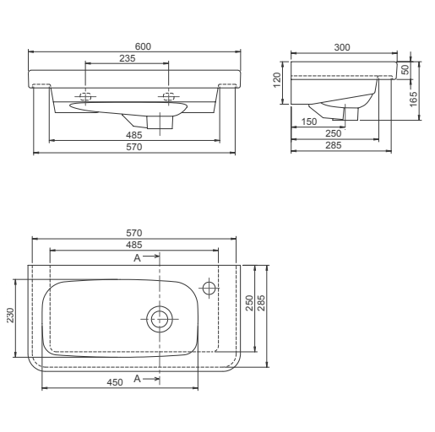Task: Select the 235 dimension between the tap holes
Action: (128, 58)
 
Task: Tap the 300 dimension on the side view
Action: (342, 47)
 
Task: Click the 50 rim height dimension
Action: (405, 69)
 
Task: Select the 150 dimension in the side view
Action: (311, 122)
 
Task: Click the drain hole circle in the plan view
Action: (159, 318)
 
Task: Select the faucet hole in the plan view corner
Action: (209, 288)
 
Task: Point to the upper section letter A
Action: (137, 256)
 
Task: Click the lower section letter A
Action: (137, 381)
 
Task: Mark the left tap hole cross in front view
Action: (86, 94)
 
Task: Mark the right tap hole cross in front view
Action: (169, 94)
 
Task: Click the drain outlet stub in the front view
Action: (158, 123)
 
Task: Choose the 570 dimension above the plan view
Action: (133, 232)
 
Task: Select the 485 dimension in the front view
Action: (134, 135)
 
